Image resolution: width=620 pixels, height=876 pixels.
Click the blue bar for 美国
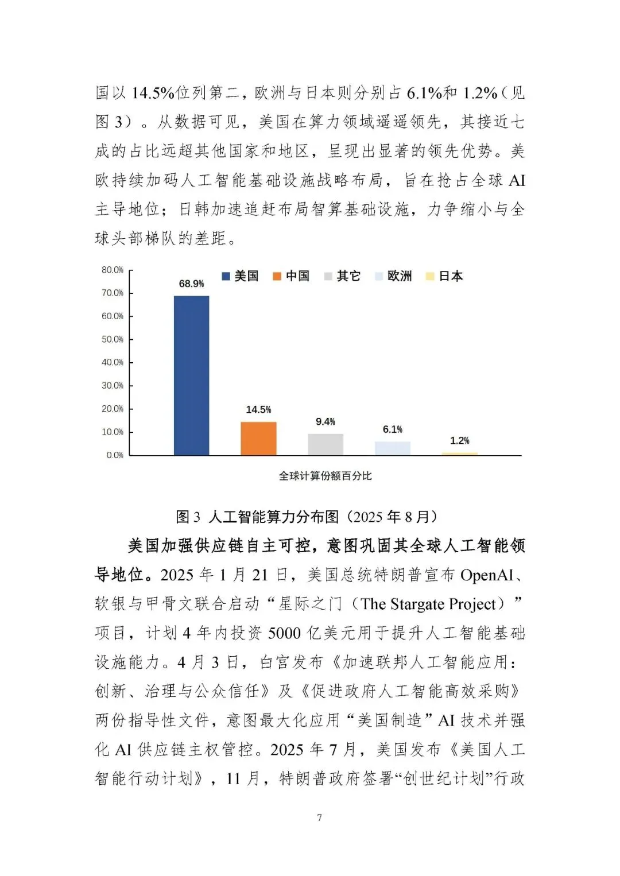[191, 375]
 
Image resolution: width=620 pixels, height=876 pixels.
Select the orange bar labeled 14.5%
[258, 439]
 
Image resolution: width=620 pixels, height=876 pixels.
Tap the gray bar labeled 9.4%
[325, 444]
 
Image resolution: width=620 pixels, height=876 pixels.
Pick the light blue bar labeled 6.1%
[393, 448]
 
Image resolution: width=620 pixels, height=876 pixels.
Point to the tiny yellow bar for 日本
[459, 453]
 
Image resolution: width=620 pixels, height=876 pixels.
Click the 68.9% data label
[191, 284]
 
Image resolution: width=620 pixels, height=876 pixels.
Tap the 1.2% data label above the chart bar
[459, 440]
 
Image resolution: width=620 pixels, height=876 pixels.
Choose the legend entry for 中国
[291, 276]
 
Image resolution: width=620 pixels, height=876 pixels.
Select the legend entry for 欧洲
[393, 276]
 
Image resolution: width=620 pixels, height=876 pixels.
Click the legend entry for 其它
[342, 276]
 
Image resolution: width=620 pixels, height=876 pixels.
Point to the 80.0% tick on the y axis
[113, 270]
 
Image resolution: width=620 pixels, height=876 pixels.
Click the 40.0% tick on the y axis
[113, 362]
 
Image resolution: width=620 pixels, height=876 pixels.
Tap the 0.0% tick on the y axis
[115, 455]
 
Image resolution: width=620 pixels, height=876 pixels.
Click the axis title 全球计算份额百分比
[325, 476]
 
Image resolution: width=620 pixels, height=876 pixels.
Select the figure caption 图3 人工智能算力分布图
[307, 517]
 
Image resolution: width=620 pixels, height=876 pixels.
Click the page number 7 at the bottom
[320, 817]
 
